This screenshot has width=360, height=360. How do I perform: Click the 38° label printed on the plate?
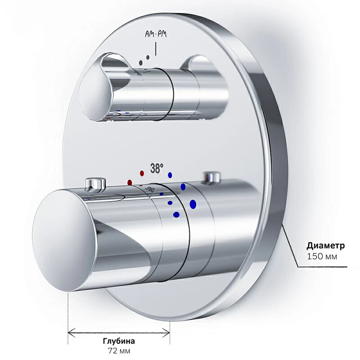(x=157, y=169)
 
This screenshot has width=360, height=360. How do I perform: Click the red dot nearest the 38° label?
(x=142, y=173)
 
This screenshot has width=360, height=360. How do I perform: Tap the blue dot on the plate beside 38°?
(x=170, y=175)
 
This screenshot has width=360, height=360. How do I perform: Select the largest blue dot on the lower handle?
(x=193, y=205)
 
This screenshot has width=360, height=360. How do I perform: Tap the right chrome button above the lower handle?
(x=211, y=177)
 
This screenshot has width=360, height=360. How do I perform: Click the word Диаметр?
(x=326, y=246)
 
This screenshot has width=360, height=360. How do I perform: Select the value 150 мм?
(x=322, y=256)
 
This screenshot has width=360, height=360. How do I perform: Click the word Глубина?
(x=119, y=341)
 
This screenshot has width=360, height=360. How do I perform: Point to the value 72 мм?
(x=119, y=351)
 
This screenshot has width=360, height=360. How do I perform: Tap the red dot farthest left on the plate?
(x=130, y=183)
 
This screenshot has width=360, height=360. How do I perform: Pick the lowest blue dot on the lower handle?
(x=176, y=214)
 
